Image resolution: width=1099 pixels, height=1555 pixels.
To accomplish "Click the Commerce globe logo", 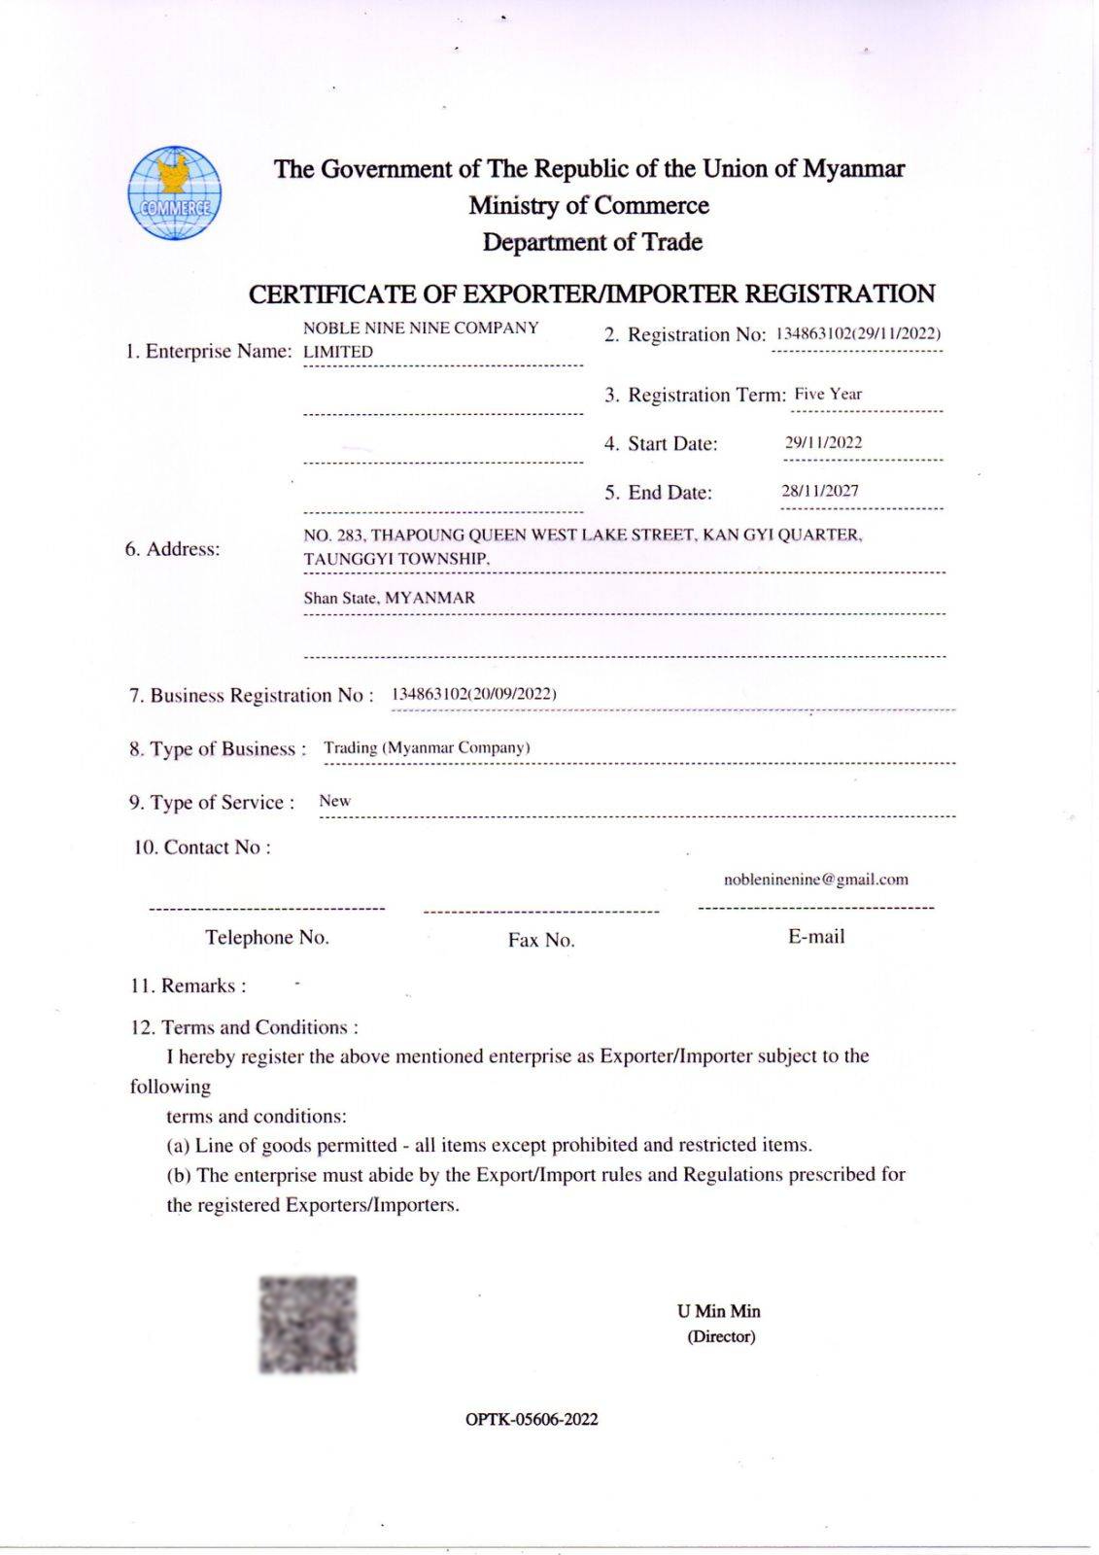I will point(175,193).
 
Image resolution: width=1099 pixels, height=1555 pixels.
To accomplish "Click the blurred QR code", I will point(308,1324).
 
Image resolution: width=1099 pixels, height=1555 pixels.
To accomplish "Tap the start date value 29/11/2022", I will point(823,443).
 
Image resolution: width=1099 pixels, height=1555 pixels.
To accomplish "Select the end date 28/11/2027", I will point(820,492).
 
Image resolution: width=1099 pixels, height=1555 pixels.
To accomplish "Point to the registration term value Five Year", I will point(828,395).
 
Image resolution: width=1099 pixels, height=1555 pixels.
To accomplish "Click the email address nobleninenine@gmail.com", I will point(815,880).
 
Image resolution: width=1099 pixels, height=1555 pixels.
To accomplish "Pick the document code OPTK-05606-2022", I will point(532,1419).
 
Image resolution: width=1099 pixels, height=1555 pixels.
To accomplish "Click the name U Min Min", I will point(719,1311).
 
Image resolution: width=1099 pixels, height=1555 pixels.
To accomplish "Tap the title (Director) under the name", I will point(721,1336).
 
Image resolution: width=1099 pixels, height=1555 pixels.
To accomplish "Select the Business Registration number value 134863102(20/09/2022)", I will point(473,694).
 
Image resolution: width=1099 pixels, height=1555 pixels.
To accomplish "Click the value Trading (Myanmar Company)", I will point(427,747).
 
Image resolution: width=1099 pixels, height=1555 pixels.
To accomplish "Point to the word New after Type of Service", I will point(334,801).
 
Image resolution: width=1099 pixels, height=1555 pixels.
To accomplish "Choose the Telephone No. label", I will point(267,938).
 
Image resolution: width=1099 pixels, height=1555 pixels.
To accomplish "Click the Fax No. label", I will point(541,940).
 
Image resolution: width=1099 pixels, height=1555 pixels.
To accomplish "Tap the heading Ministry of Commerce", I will point(589,206).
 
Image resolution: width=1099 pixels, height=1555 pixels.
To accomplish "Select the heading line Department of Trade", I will point(592,242).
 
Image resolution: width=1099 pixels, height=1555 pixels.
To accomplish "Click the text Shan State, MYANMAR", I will point(389,598).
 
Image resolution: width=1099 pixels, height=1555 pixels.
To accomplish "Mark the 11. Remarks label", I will point(189,985).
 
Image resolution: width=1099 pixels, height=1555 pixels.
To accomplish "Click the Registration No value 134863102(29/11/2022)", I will point(858,333).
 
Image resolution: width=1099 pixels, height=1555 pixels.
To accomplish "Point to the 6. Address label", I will point(172,549).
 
